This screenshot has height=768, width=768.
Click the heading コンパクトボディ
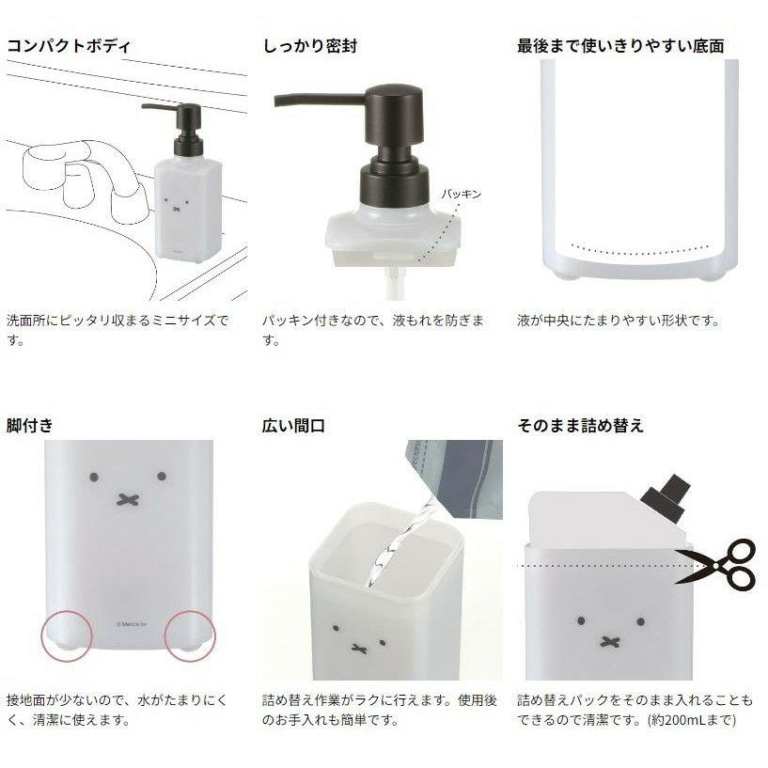pos(69,46)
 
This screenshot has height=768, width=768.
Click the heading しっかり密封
pos(310,46)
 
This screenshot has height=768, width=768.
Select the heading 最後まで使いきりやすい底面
pos(620,46)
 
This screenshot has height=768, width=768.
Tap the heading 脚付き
pos(30,425)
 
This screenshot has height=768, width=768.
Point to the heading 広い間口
pos(293,425)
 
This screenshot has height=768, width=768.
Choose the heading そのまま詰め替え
pos(580,425)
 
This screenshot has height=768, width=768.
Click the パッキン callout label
pos(462,194)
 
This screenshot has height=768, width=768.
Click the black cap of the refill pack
pos(666,494)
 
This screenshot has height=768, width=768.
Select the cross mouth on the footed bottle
pos(128,499)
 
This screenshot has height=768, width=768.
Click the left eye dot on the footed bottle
pos(95,477)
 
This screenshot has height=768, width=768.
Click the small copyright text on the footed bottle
pos(132,624)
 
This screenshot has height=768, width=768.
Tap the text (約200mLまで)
pos(692,720)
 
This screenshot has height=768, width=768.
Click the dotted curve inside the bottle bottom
pos(639,250)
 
